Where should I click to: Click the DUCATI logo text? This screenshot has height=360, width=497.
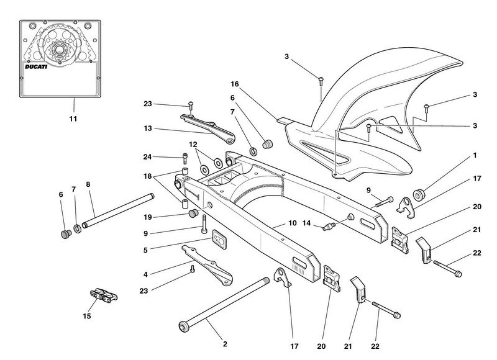36,67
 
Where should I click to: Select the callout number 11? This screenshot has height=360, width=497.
73,119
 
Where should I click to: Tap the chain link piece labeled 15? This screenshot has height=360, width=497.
103,294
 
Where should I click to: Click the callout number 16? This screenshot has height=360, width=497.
235,84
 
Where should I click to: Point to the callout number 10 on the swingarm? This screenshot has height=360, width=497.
292,223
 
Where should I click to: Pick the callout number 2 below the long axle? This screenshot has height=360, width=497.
225,344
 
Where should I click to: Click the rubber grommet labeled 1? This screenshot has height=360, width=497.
419,194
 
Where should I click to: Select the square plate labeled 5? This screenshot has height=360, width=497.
219,238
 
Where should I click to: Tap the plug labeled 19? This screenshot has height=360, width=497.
193,214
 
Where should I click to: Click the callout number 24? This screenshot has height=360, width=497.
147,157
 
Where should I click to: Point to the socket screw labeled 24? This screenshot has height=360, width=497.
185,158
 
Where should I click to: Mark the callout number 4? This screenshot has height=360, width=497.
145,274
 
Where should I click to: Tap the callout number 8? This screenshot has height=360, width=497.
88,184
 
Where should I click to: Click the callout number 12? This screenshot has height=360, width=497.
193,145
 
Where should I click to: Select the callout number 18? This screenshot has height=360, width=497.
148,176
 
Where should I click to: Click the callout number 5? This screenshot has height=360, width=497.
145,250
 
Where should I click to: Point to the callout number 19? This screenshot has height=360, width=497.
148,217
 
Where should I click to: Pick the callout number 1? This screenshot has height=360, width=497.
475,155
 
